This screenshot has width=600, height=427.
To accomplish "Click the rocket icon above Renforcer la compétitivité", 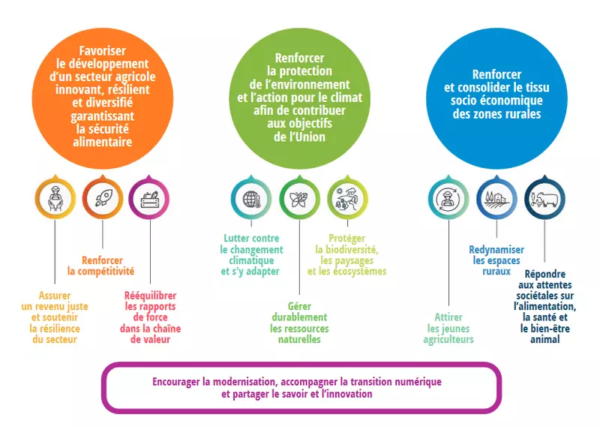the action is [x=103, y=198].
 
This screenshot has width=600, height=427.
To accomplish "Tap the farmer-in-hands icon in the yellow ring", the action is [x=55, y=199].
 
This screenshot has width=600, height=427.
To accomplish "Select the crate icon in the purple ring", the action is [x=149, y=199].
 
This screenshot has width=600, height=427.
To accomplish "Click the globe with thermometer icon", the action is [x=251, y=199].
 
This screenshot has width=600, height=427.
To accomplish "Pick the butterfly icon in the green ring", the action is [x=299, y=199].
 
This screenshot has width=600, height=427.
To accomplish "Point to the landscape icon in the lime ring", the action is [x=347, y=199].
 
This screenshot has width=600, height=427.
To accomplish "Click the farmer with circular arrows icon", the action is [x=448, y=199].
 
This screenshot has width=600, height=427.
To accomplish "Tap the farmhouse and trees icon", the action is [x=496, y=199].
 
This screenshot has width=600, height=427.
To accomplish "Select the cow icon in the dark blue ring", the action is [x=544, y=199].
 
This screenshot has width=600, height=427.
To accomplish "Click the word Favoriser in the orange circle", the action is [x=102, y=50].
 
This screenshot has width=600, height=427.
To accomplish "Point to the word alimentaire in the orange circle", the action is [x=102, y=142].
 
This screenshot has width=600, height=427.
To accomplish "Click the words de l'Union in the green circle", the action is [x=299, y=137].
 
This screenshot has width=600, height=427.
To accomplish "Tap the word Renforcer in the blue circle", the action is [x=496, y=74].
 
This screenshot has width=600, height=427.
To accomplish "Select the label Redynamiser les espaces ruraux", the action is [x=496, y=260].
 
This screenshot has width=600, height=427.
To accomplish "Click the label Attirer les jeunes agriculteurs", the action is [x=448, y=328].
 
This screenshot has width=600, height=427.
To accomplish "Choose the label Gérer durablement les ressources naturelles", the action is [x=299, y=323].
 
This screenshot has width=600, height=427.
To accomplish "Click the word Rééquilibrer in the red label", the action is [x=151, y=296].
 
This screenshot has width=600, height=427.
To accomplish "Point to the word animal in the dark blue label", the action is [x=545, y=339].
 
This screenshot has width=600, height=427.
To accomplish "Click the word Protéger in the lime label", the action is [x=347, y=239].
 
